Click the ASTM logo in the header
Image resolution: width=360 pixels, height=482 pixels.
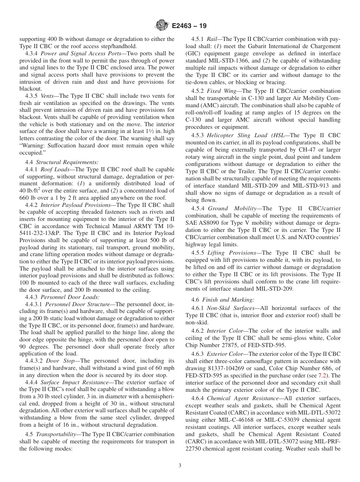coord(162,26)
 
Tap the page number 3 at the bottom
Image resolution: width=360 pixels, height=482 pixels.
coord(180,466)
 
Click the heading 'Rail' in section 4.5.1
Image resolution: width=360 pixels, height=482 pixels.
coord(212,39)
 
